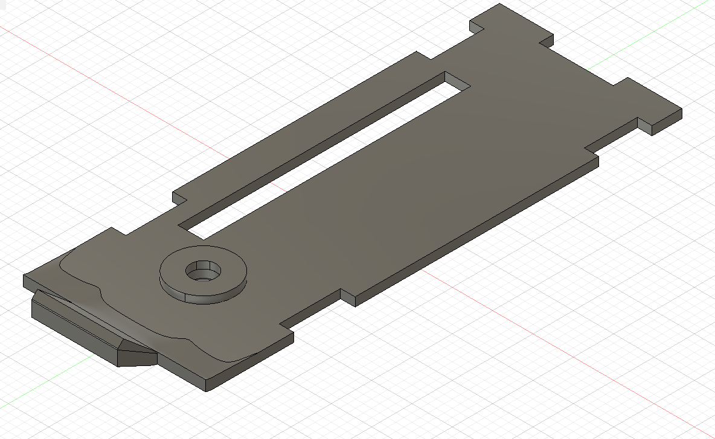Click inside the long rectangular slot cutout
(326, 157)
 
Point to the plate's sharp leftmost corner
(24, 277)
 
